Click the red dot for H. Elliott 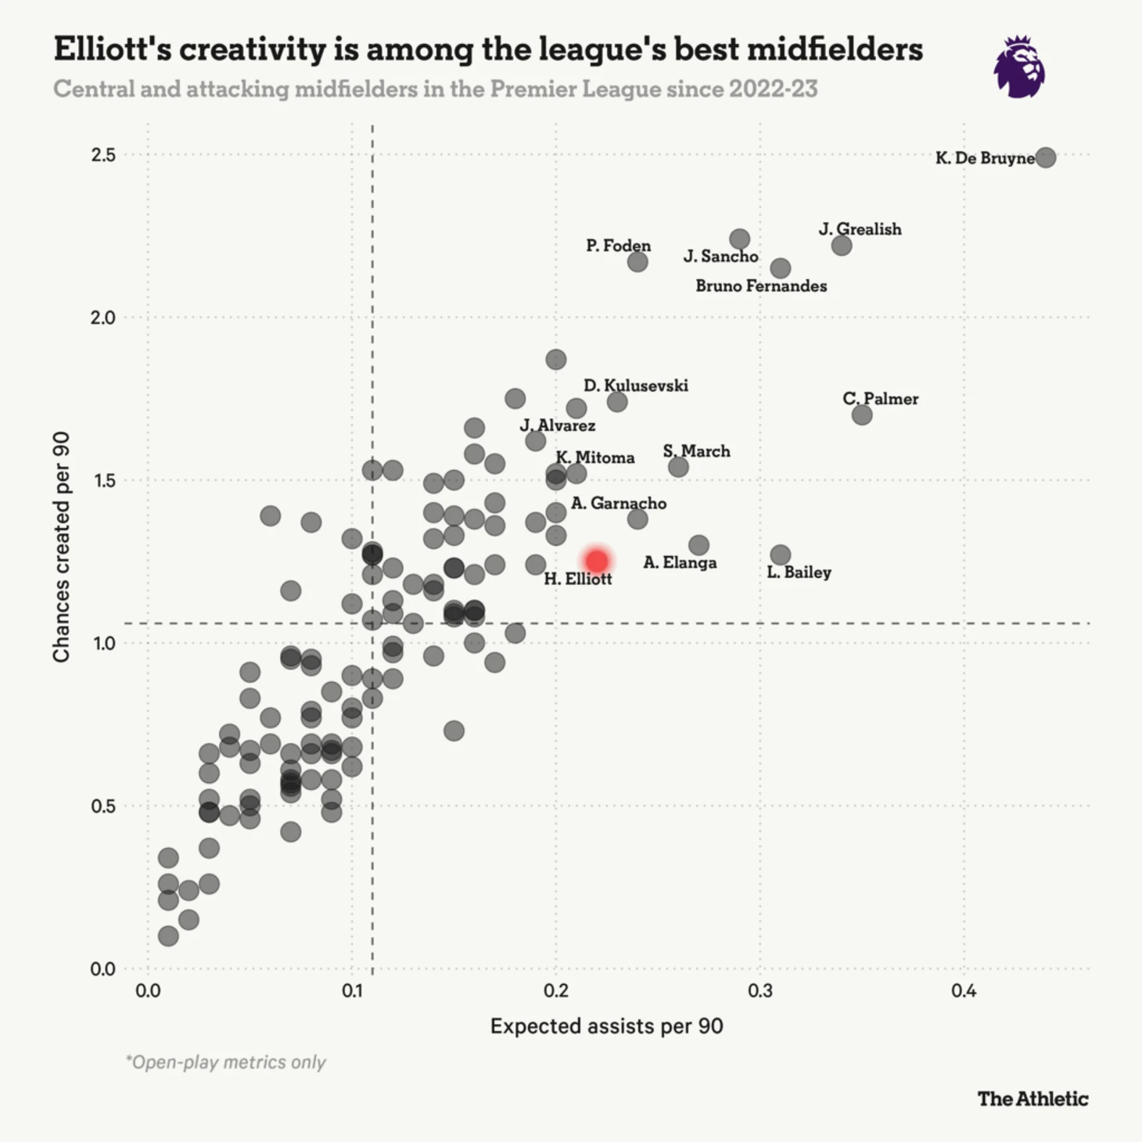point(597,561)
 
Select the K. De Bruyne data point point(1045,157)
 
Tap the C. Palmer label point(880,399)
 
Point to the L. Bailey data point point(780,555)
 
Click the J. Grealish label point(860,229)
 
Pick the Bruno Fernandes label point(761,286)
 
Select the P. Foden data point point(637,261)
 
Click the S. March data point point(678,467)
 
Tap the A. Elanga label point(680,562)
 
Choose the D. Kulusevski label point(636,386)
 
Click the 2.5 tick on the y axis point(103,155)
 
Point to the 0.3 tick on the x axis point(760,991)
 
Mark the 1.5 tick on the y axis point(103,480)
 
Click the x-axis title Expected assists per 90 point(606,1026)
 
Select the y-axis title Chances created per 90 point(61,547)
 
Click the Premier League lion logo point(1019,67)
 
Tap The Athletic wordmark point(1032,1099)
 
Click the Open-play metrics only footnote point(226,1062)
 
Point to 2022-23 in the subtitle point(773,89)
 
